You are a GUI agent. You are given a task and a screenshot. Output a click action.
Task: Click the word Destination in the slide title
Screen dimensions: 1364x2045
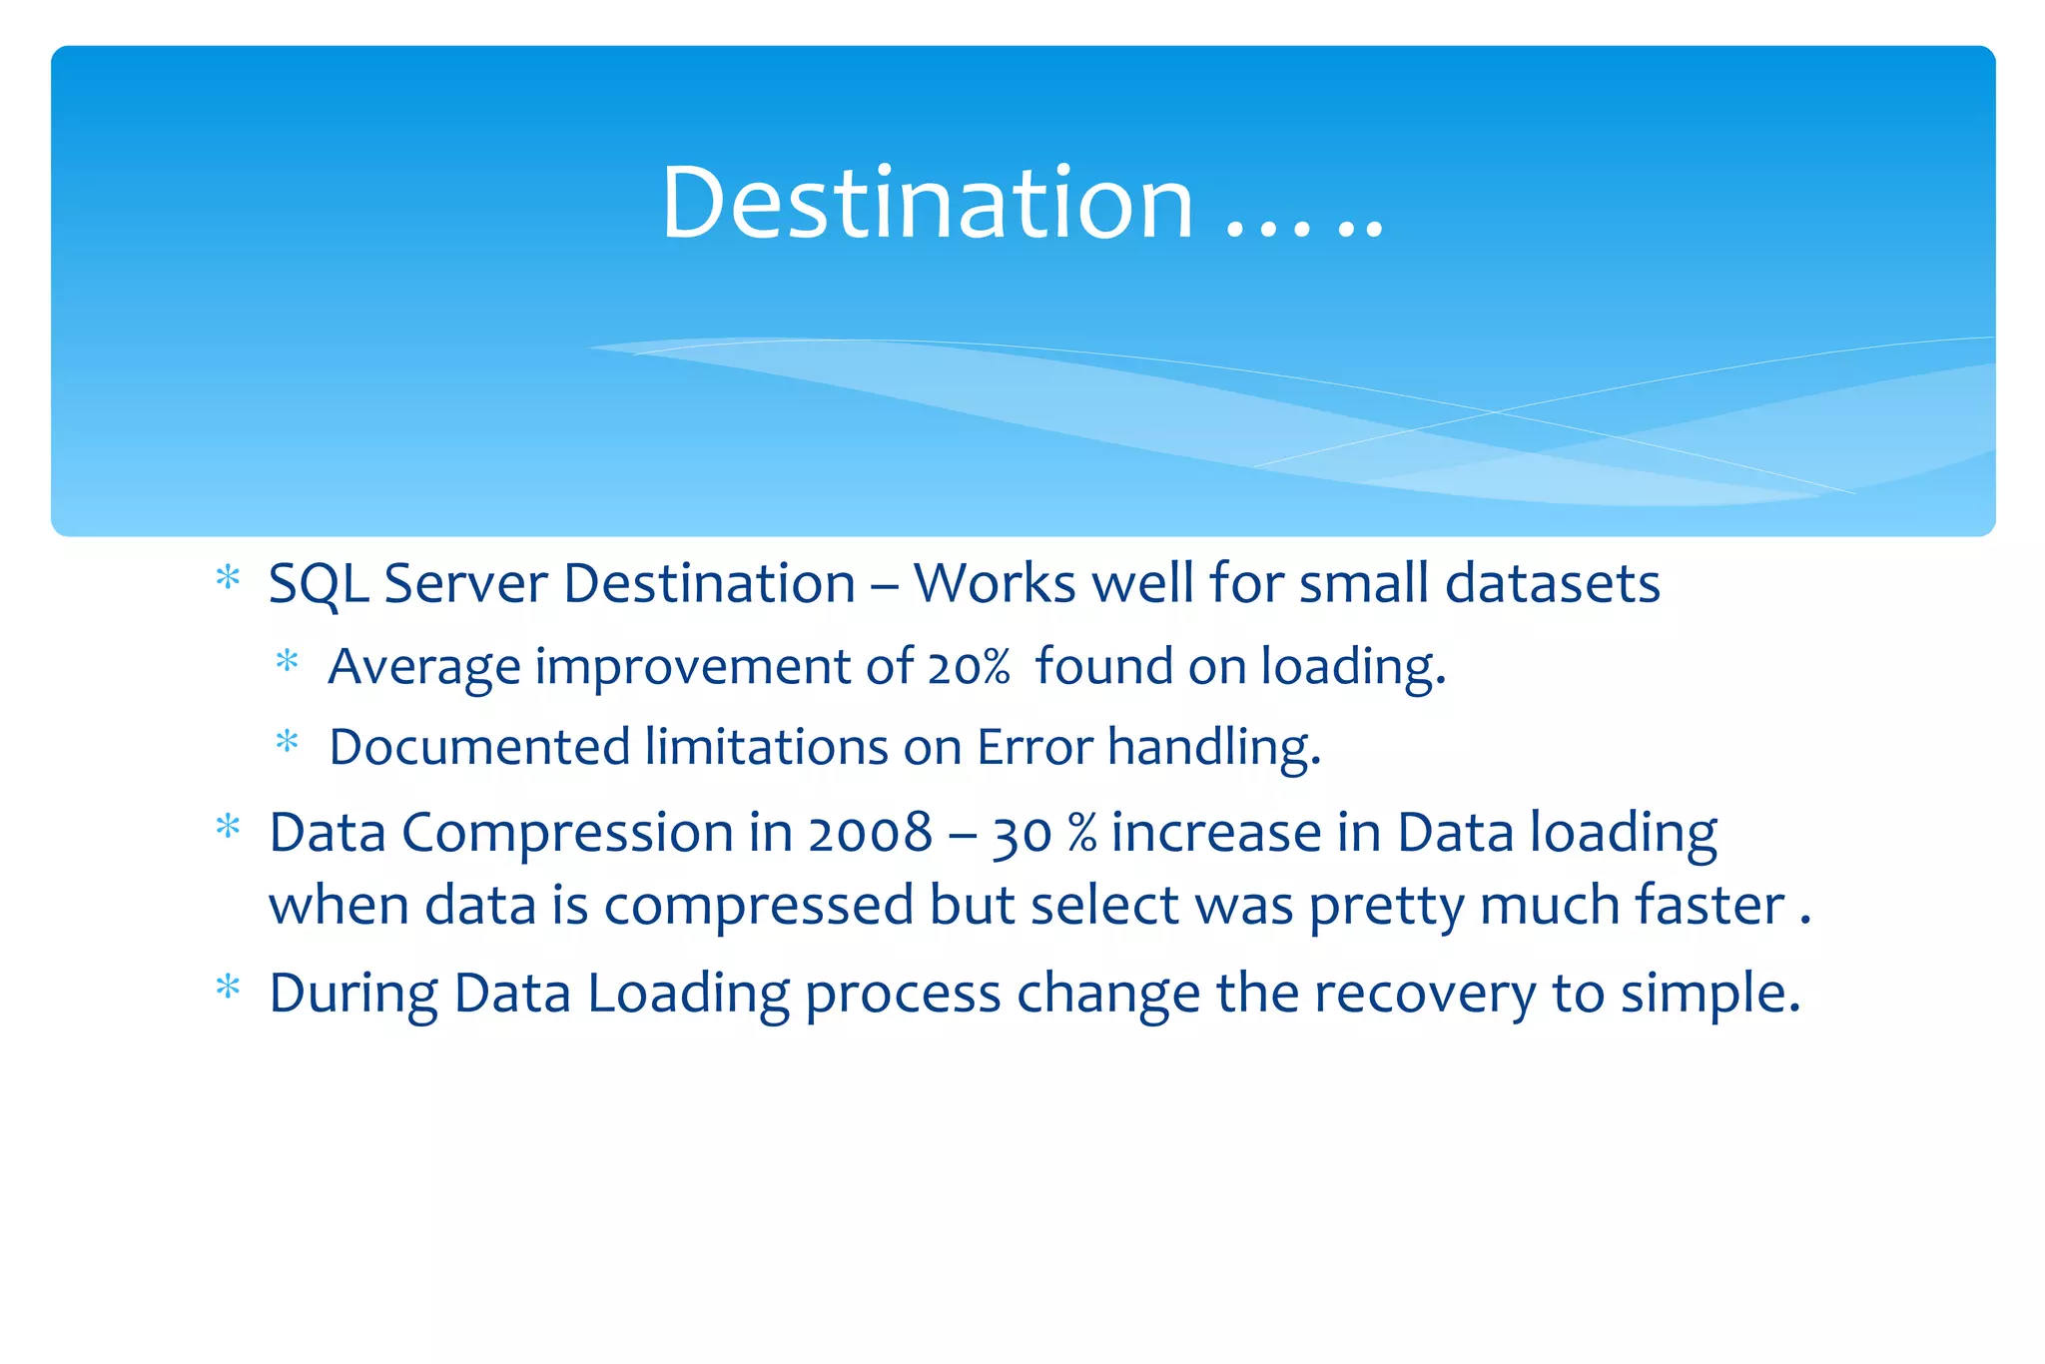coord(927,203)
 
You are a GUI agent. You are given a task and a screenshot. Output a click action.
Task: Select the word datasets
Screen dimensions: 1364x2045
coord(1552,583)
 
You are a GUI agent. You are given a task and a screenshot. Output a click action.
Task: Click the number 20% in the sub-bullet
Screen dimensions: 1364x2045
coord(968,667)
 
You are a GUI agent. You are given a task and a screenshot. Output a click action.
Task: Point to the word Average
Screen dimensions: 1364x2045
coord(424,667)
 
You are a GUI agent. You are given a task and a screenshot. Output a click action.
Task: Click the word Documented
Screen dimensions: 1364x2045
coord(479,747)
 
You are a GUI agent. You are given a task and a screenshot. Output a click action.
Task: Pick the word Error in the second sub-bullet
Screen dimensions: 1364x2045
coord(1034,747)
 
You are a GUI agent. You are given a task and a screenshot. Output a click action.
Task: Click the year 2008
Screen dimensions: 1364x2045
coord(870,833)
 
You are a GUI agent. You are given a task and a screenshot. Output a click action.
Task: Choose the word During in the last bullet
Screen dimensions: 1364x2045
coord(353,995)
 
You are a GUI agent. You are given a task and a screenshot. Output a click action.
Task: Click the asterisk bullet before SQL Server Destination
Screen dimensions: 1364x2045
coord(229,578)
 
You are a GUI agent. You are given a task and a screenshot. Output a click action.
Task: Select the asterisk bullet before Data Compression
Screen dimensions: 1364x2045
coord(229,828)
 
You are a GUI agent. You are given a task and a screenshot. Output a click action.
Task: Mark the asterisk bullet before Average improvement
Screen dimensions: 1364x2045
coord(288,662)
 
